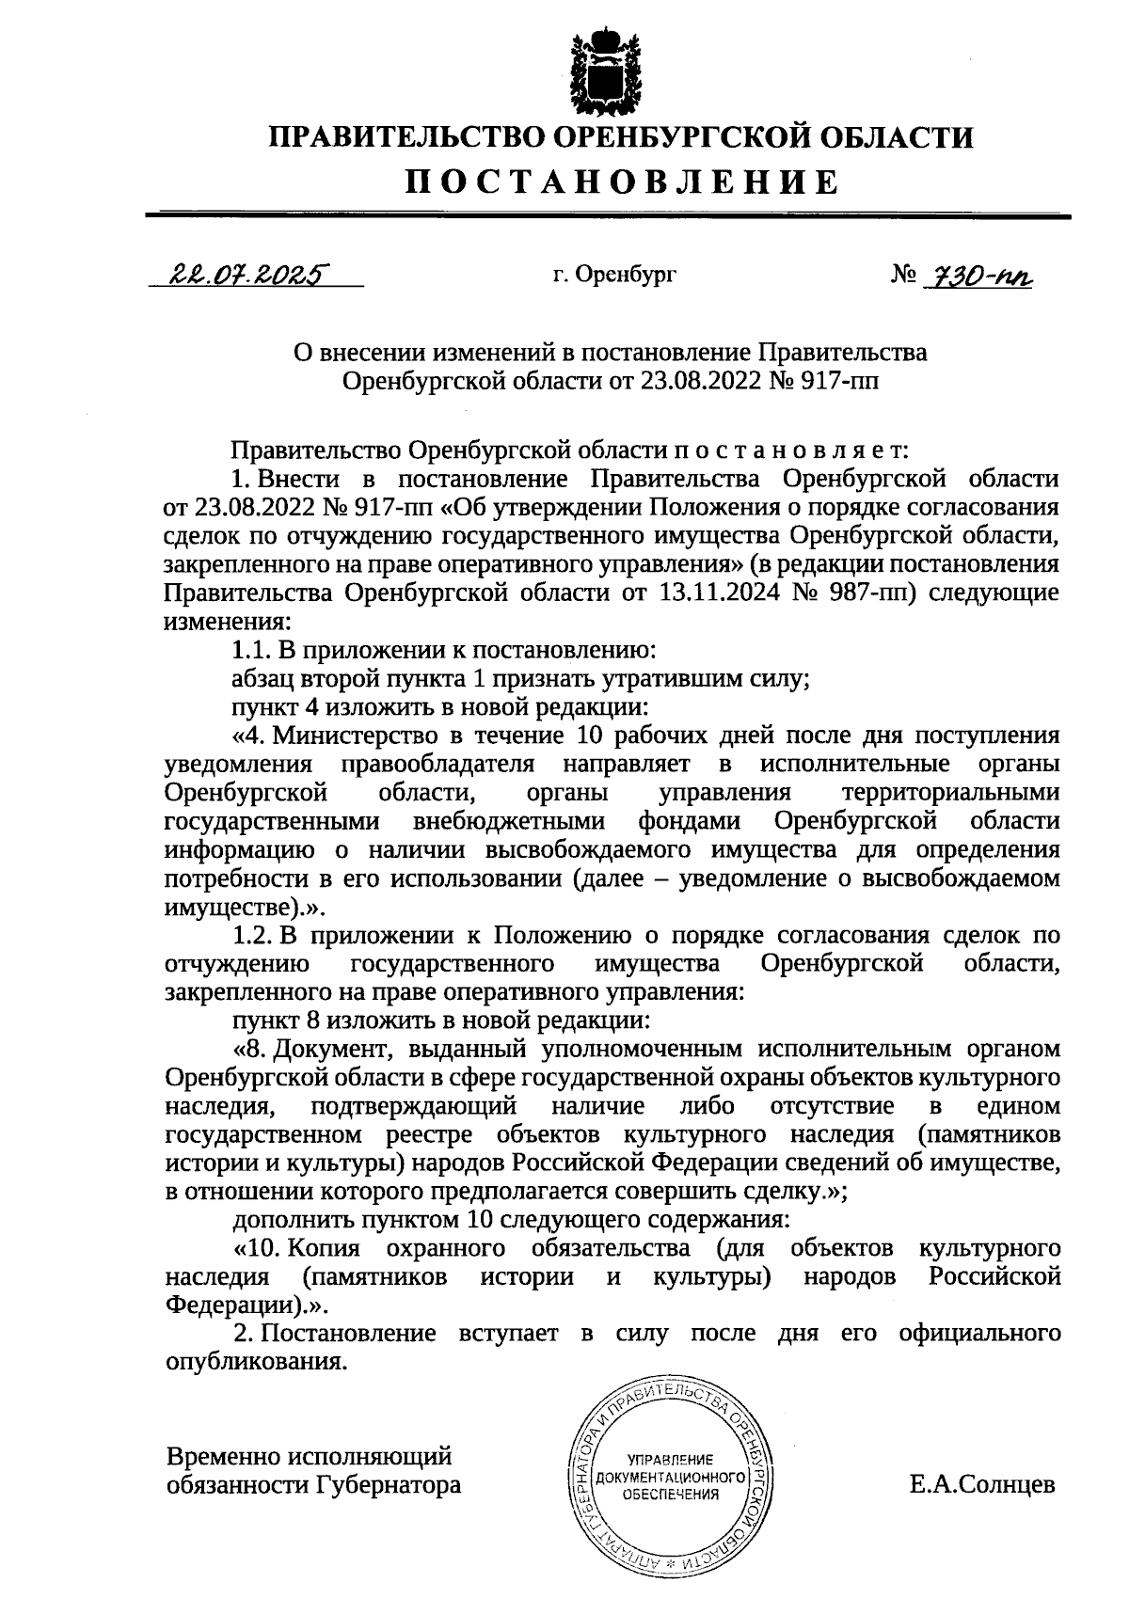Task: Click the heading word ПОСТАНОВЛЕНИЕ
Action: click(621, 182)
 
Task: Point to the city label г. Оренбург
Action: click(614, 276)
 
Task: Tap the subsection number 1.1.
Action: click(250, 650)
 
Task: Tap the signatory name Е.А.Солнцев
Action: click(982, 1485)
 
